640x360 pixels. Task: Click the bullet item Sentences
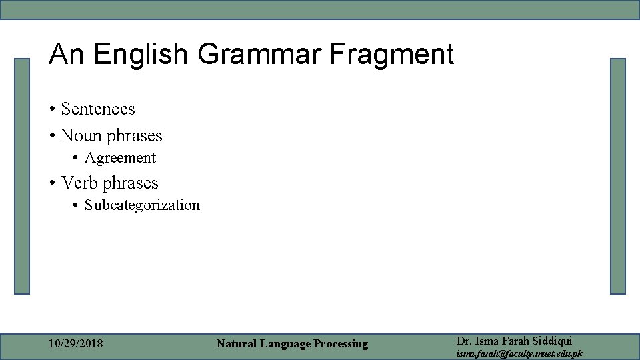click(x=97, y=109)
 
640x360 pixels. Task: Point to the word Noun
click(x=79, y=136)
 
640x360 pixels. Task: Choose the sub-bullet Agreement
click(x=120, y=158)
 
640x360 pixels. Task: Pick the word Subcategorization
click(x=142, y=205)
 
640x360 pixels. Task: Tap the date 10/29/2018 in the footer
click(x=76, y=344)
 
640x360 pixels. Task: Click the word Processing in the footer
click(x=341, y=344)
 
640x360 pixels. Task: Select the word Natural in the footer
click(x=237, y=344)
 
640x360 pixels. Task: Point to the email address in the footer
click(x=519, y=353)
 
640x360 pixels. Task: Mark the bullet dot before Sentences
click(x=51, y=109)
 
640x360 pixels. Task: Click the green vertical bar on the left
click(x=23, y=176)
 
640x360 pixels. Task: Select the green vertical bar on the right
click(x=618, y=176)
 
